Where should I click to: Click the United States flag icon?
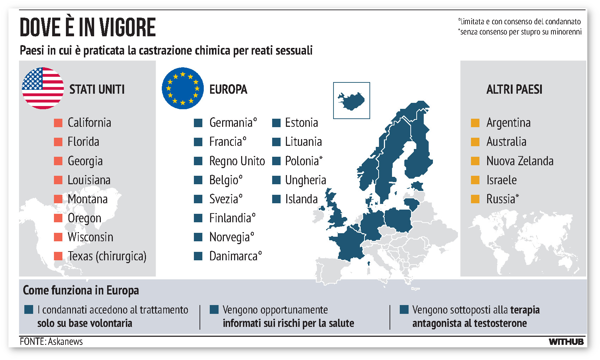coord(43,88)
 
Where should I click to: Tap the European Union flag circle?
coord(183,88)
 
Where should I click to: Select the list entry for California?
coord(89,123)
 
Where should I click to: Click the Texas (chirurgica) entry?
coord(107,256)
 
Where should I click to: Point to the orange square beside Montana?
coord(58,199)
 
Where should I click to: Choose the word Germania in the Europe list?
coord(231,123)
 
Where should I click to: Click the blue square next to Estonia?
coord(276,123)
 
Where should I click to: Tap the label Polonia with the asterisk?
coord(303,161)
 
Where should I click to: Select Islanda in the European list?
coord(301,199)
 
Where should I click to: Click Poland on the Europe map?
coord(398,219)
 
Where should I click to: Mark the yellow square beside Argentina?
coord(475,123)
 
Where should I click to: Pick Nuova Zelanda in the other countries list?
coord(520,161)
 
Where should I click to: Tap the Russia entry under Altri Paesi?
coord(502,199)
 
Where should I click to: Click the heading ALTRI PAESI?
coord(514,89)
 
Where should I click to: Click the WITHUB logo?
coord(566,341)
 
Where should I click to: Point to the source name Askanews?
coord(65,341)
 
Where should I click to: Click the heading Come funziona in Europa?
coord(81,290)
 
